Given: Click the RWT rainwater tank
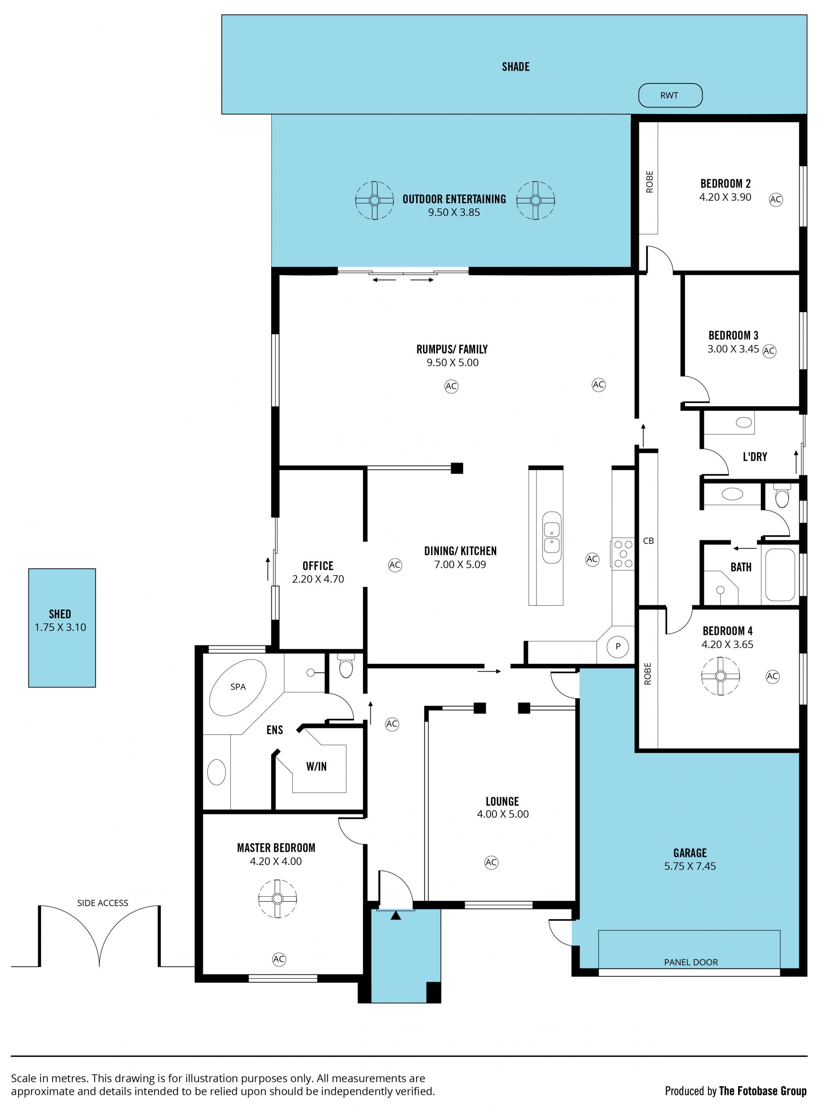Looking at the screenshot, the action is (670, 95).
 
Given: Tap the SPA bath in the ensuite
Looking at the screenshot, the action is (238, 687).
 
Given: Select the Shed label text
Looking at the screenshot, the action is (60, 614).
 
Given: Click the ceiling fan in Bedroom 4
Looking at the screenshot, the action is (721, 676).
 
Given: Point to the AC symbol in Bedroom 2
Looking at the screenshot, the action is (776, 199).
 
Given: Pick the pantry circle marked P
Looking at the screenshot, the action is (618, 646).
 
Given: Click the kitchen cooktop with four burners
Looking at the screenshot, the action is (623, 554).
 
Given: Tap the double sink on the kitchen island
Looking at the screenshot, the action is (552, 538).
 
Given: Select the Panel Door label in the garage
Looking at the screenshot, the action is (691, 962).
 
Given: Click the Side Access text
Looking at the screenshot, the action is (102, 903).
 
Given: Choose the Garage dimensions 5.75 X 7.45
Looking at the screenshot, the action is (690, 866).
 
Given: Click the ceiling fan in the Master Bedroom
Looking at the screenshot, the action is (278, 899).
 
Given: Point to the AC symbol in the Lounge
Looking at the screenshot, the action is (491, 862).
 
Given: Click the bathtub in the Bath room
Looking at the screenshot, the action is (780, 575).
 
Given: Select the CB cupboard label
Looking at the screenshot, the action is (648, 541).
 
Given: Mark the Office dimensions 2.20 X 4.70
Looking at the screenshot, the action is (318, 579).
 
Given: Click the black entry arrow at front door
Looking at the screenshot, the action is (396, 915).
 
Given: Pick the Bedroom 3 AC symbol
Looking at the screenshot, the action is (769, 351).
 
